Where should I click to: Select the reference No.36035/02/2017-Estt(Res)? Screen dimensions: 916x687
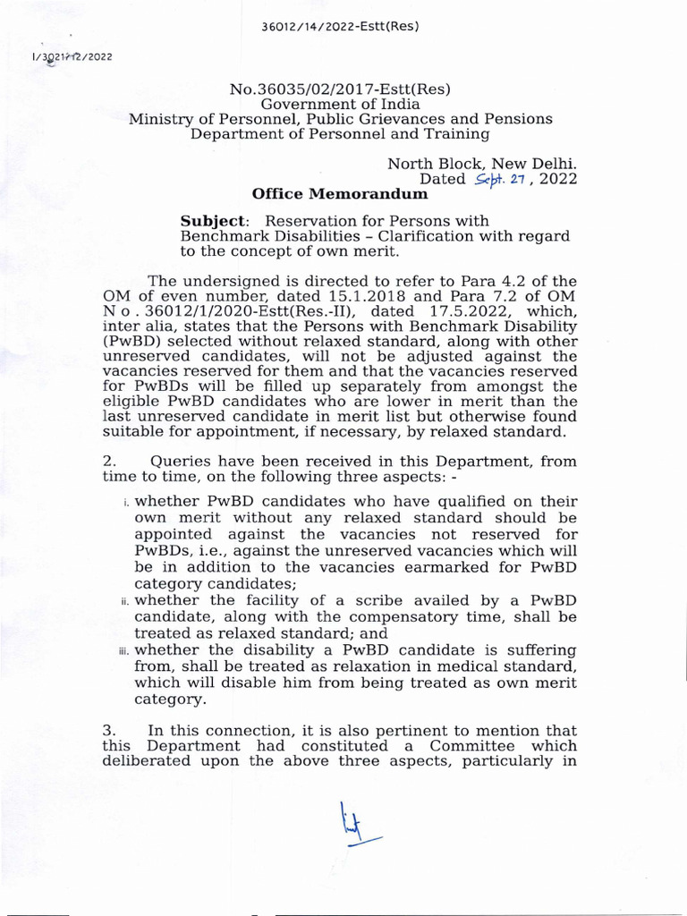tap(340, 89)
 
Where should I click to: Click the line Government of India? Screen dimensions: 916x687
tap(340, 104)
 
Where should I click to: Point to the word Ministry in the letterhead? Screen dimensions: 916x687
tap(158, 119)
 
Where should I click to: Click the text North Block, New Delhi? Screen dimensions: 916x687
tap(481, 164)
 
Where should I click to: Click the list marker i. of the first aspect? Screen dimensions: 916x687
tap(126, 504)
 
